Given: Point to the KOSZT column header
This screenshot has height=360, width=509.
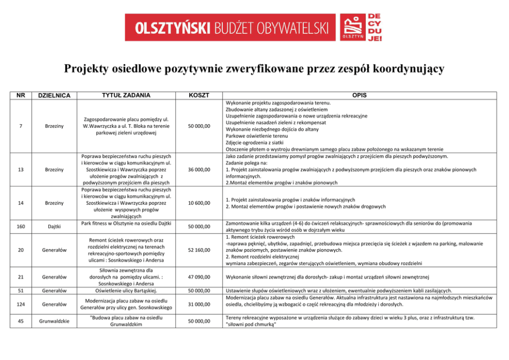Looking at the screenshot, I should pyautogui.click(x=199, y=95).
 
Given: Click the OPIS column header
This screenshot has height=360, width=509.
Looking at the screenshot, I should pyautogui.click(x=359, y=95).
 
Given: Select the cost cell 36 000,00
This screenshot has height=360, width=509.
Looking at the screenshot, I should pyautogui.click(x=199, y=169).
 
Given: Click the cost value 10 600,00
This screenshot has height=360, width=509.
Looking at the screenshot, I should pyautogui.click(x=199, y=203).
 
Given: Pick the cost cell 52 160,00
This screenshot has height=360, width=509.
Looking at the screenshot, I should pyautogui.click(x=199, y=250).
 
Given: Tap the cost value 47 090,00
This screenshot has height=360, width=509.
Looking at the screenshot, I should pyautogui.click(x=199, y=277).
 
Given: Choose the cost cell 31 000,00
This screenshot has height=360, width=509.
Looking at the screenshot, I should pyautogui.click(x=199, y=304).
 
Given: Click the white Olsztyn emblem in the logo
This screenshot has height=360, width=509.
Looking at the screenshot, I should pyautogui.click(x=353, y=25).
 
